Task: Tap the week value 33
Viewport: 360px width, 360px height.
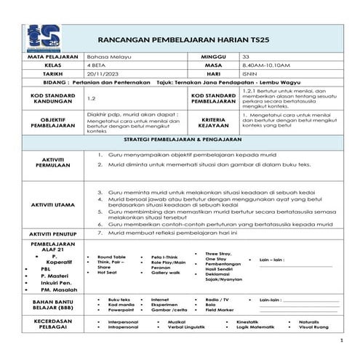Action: (246, 56)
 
